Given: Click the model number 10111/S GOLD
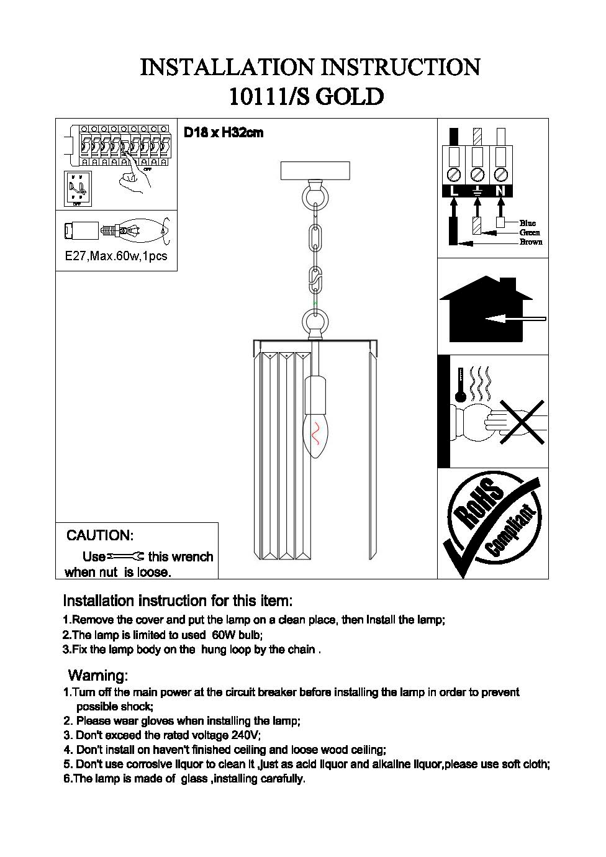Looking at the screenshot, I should point(306,96).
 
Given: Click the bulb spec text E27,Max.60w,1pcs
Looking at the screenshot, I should point(116,256).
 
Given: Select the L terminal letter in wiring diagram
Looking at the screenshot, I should point(455,191).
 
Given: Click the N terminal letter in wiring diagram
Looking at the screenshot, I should point(500,191).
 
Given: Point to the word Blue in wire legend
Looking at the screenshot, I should point(528,223).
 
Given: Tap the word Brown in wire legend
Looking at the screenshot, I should point(531,242).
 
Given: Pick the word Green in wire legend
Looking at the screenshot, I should point(530,232).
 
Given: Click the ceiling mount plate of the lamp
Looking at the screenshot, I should point(316,170).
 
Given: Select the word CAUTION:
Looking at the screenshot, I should point(100,535).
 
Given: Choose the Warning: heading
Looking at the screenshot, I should point(97,675).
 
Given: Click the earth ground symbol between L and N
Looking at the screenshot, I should point(477,191).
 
